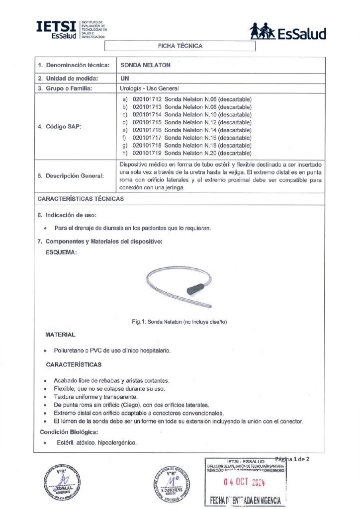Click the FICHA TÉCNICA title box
pyautogui.click(x=180, y=46)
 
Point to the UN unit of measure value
pyautogui.click(x=125, y=78)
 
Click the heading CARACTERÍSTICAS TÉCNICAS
pyautogui.click(x=81, y=199)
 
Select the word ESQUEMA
pyautogui.click(x=61, y=253)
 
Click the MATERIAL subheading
pyautogui.click(x=60, y=335)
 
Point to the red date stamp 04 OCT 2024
pyautogui.click(x=244, y=482)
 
